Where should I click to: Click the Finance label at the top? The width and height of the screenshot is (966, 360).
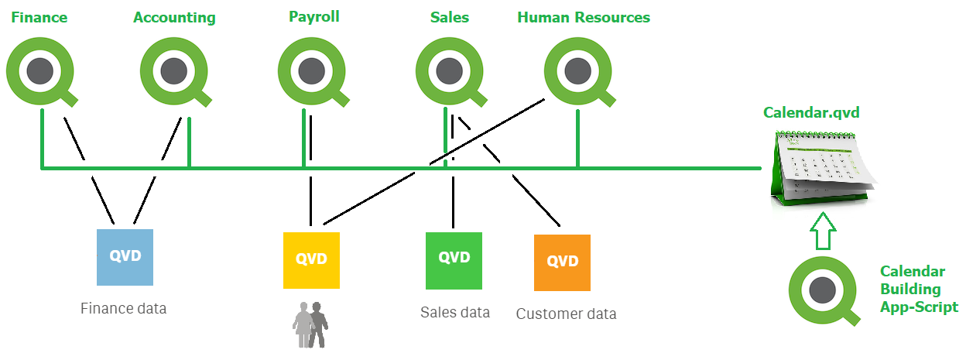pos(39,17)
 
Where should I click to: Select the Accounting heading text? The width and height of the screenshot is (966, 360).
pos(174,17)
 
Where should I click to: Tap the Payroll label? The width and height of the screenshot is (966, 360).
pos(313,16)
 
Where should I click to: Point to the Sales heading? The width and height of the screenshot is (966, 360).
pos(450,17)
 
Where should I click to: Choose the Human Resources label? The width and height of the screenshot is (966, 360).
pos(584,17)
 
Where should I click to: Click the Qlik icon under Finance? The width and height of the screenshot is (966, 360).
pos(40,72)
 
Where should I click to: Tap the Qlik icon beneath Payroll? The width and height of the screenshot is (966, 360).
pos(311,72)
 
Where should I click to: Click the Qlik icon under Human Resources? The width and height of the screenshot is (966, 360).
pos(577,72)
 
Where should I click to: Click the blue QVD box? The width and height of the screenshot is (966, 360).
pos(125,257)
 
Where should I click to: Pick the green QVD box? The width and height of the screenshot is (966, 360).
pos(454,259)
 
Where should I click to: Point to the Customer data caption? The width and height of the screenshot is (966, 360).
pos(566,314)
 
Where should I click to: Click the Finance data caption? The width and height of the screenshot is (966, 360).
pos(123,308)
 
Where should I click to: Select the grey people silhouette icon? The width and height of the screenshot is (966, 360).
pos(310,324)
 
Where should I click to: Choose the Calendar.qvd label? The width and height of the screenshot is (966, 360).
pos(811,113)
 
